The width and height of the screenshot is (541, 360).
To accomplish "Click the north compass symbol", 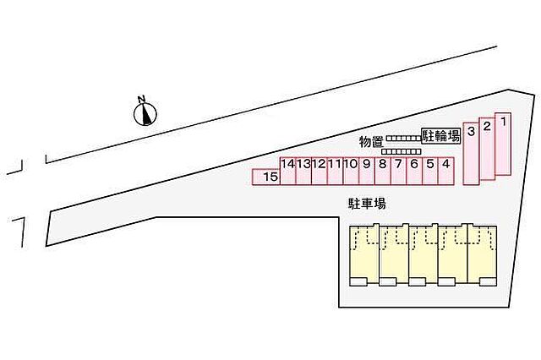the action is (x=145, y=113).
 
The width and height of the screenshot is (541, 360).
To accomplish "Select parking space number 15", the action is (x=266, y=177).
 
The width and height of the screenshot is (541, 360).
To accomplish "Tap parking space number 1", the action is (x=503, y=144).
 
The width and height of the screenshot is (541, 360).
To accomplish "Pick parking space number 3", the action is (x=471, y=154).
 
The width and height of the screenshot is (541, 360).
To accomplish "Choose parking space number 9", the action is (x=367, y=172).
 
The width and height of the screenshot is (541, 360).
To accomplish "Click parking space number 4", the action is (x=445, y=172).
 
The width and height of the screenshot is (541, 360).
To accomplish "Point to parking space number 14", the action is (x=287, y=172).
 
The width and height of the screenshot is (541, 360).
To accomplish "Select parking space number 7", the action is (x=398, y=172).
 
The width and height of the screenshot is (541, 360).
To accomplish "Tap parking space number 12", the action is (x=320, y=172).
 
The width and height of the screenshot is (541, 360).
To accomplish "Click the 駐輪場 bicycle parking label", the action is (x=441, y=136).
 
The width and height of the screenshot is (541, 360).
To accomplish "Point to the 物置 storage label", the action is (x=371, y=142).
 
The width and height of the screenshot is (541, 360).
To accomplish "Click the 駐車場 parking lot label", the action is (x=366, y=204).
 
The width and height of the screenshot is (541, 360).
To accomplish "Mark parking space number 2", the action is (x=487, y=149).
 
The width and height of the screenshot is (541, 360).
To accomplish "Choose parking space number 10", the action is (x=351, y=172).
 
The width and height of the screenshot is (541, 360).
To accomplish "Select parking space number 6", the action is (x=414, y=172).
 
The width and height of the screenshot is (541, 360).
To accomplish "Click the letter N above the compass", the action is (x=141, y=99).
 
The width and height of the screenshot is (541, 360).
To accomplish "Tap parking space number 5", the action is (x=430, y=172).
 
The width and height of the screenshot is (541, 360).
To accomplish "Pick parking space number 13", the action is (x=303, y=172).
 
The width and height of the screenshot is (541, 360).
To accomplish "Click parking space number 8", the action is (x=383, y=172).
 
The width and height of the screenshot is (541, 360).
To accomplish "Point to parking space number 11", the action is (x=336, y=172).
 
